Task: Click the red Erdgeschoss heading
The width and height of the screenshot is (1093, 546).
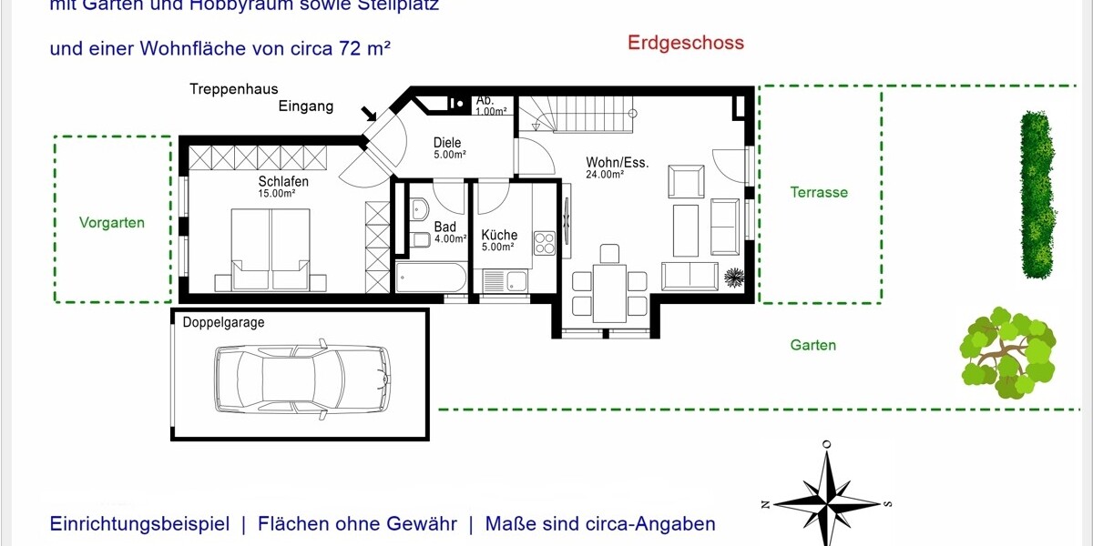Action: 685,43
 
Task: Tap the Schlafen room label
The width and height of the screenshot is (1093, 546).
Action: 283,182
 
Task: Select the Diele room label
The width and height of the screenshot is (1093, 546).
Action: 447,143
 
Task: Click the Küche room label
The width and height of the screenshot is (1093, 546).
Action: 499,235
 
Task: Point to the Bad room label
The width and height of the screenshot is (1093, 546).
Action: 444,227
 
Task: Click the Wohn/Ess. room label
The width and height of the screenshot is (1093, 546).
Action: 617,163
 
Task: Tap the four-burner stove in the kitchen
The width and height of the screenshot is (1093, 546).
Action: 545,243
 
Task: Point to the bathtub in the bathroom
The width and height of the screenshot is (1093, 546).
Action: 432,278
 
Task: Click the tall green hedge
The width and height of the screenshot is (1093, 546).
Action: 1037,195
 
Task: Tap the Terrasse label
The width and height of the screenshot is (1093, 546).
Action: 819,193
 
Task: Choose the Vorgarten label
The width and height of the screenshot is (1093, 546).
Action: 112,222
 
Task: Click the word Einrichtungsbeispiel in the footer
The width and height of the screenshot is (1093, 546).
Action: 139,524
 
